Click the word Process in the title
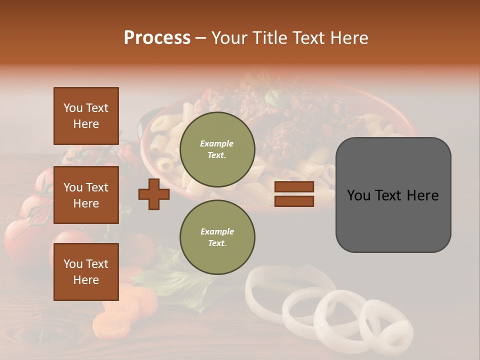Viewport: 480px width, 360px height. point(157,38)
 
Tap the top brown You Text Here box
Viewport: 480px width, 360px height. point(86,116)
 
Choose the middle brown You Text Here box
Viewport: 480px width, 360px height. point(86,195)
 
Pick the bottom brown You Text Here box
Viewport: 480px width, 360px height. point(86,272)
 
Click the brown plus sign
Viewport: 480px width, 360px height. point(154,194)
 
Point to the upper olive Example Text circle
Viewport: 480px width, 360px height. point(217,149)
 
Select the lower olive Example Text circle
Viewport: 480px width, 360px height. point(217,237)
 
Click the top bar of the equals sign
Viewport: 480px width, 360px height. point(294,186)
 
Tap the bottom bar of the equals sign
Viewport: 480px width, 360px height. point(294,201)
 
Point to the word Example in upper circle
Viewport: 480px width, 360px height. point(217,143)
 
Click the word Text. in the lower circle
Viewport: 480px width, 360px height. point(217,243)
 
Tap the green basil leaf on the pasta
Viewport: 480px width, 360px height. point(274,97)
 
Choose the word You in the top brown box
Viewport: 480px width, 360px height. point(73,108)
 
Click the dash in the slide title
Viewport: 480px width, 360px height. point(201,38)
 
